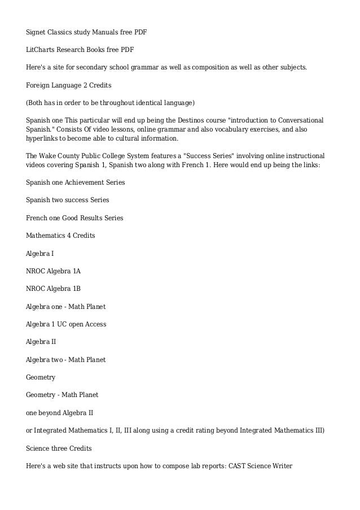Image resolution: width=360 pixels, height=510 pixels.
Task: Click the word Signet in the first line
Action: click(x=37, y=32)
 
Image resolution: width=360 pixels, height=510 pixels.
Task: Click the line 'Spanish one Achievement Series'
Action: click(x=76, y=182)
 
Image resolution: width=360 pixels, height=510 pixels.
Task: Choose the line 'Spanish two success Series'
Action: click(x=67, y=200)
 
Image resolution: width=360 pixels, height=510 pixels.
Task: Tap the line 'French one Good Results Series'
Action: click(x=74, y=217)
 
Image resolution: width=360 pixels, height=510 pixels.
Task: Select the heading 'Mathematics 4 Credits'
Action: click(x=60, y=235)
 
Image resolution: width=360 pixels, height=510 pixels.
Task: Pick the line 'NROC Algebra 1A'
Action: click(x=53, y=271)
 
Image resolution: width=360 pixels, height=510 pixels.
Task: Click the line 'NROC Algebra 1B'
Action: click(x=53, y=289)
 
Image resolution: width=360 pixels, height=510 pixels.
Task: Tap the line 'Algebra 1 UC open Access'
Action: click(x=66, y=324)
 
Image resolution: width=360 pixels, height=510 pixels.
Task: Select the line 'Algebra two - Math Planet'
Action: click(x=66, y=359)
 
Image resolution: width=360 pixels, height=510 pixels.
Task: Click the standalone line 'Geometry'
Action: click(x=41, y=377)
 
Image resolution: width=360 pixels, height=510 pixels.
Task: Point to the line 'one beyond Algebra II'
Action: click(x=60, y=412)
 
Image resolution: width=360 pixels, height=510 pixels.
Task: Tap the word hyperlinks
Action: click(x=43, y=138)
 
